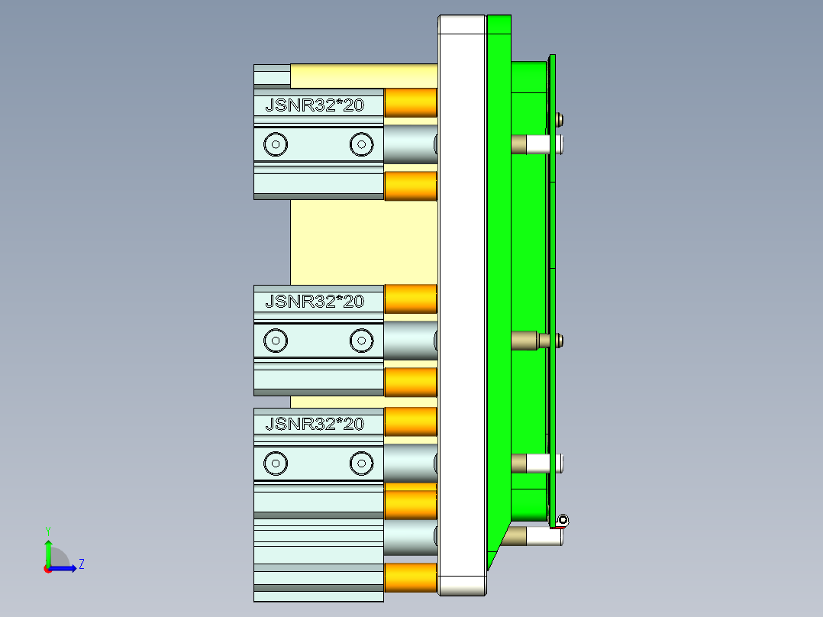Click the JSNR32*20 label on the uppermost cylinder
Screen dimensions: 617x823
(x=315, y=105)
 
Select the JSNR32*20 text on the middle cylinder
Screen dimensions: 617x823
(x=315, y=302)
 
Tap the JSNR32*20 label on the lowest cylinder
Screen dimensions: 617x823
(x=315, y=424)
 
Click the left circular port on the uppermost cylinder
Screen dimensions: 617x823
(x=274, y=144)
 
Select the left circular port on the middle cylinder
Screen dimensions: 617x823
(x=274, y=341)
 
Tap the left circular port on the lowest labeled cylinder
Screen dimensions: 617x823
(x=274, y=462)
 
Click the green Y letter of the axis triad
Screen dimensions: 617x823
(x=47, y=530)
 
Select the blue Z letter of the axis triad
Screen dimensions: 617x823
(x=81, y=564)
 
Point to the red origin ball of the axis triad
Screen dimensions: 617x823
(x=47, y=568)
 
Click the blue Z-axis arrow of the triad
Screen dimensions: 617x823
(x=66, y=567)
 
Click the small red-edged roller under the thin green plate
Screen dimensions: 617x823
(x=563, y=521)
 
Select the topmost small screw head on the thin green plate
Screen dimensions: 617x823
(x=561, y=118)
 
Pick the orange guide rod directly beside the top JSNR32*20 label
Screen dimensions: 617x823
(x=411, y=102)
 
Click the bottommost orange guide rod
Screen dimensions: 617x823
(x=411, y=577)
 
